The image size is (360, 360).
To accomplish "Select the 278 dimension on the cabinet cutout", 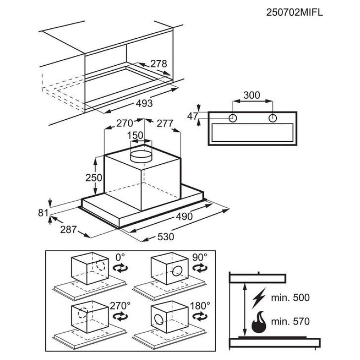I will [159, 64].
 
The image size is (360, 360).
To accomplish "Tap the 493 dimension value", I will [144, 103].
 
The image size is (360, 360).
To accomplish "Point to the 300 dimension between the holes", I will [252, 95].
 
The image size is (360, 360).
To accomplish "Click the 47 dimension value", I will [193, 116].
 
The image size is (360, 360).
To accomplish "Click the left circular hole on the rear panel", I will [233, 118].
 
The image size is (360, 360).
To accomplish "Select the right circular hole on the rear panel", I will [272, 118].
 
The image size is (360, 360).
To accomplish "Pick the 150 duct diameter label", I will [135, 135].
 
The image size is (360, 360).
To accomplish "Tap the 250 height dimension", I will [94, 177].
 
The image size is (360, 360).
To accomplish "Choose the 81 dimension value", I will [43, 213].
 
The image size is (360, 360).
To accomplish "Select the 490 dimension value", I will [184, 216].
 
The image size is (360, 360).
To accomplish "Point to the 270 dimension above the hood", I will [124, 123].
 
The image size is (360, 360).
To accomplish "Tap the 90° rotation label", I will [199, 257].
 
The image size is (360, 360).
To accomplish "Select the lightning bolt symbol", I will [259, 298].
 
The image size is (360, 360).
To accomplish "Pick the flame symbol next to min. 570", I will [260, 321].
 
